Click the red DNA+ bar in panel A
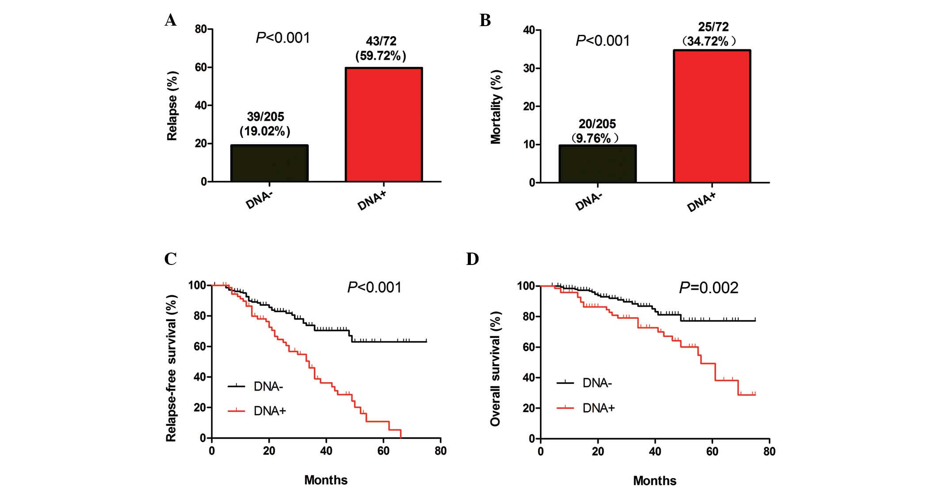[383, 125]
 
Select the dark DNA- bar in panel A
[269, 163]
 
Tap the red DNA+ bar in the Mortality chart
[712, 116]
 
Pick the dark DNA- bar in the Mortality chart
[597, 164]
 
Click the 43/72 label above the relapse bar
[381, 41]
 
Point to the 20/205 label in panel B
[597, 124]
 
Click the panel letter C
[170, 259]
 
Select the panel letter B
[485, 20]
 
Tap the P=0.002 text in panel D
[708, 288]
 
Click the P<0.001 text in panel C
[374, 288]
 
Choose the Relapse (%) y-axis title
[172, 106]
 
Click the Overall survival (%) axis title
[495, 368]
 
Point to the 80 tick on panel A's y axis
[201, 29]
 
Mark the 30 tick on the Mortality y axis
[529, 68]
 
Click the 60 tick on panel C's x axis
[383, 451]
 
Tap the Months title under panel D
[654, 480]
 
